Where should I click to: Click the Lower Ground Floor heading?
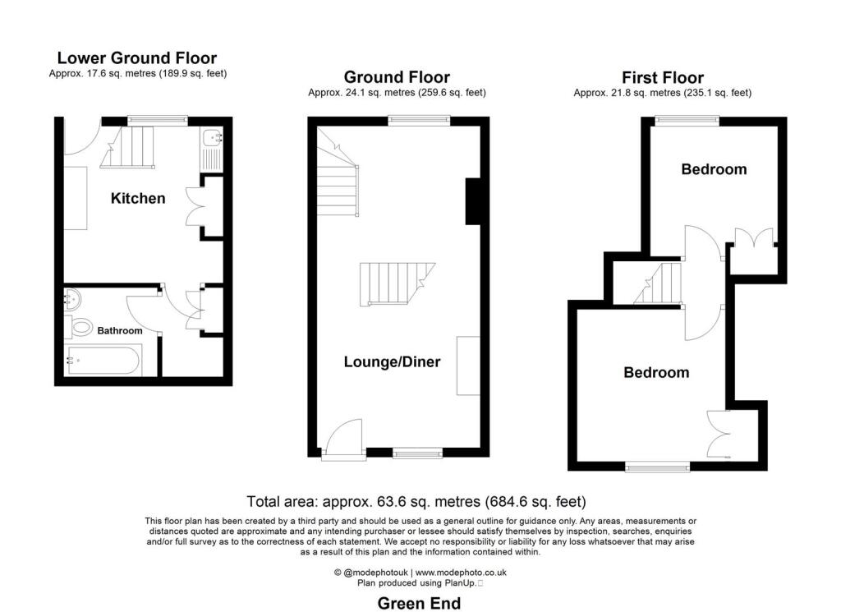136,58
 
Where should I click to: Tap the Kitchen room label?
138,198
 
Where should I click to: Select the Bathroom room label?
120,331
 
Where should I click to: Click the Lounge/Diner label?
392,361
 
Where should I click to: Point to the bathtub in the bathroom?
104,360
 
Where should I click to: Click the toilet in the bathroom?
80,328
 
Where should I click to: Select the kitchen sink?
209,148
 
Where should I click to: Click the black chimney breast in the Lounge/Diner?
474,201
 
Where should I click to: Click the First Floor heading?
662,78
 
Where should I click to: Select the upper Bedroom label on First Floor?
714,169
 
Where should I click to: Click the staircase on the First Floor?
661,283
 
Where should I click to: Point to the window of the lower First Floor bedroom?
657,467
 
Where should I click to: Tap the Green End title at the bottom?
419,604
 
